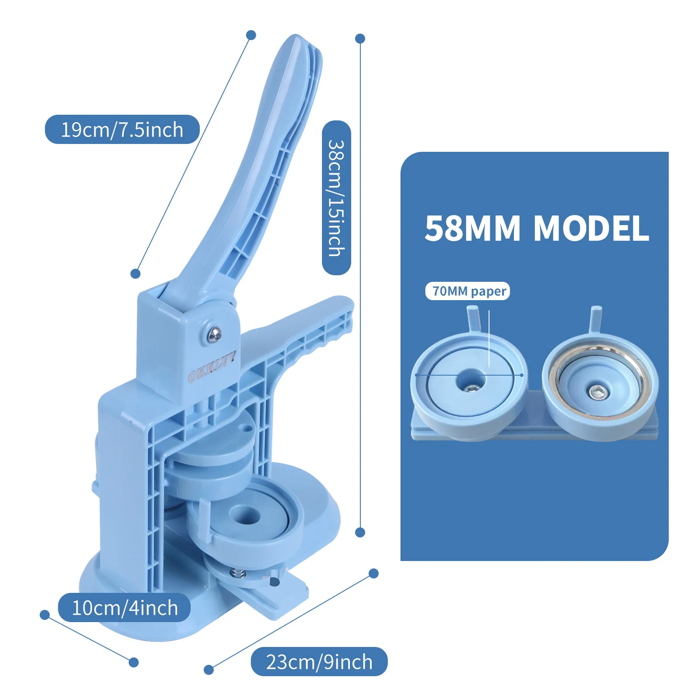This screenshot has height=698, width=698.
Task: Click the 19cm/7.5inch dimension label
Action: tap(122, 130)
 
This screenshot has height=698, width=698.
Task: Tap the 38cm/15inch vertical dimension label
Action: tap(336, 198)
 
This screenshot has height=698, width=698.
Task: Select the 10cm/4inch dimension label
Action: tap(124, 608)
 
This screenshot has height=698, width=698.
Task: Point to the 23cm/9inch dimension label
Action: tap(319, 662)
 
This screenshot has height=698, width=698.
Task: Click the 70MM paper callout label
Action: tap(468, 291)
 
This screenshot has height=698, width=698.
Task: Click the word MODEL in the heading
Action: tap(591, 228)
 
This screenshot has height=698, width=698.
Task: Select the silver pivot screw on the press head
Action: tap(215, 334)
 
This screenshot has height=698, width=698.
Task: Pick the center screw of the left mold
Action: tap(470, 387)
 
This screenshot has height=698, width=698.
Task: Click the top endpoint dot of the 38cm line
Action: tap(360, 38)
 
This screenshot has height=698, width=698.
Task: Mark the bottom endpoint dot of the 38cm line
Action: tap(360, 532)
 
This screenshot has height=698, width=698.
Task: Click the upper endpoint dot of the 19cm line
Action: tap(251, 35)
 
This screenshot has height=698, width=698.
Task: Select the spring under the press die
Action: tap(237, 573)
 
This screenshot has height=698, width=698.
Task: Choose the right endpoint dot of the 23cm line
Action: tap(373, 573)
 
